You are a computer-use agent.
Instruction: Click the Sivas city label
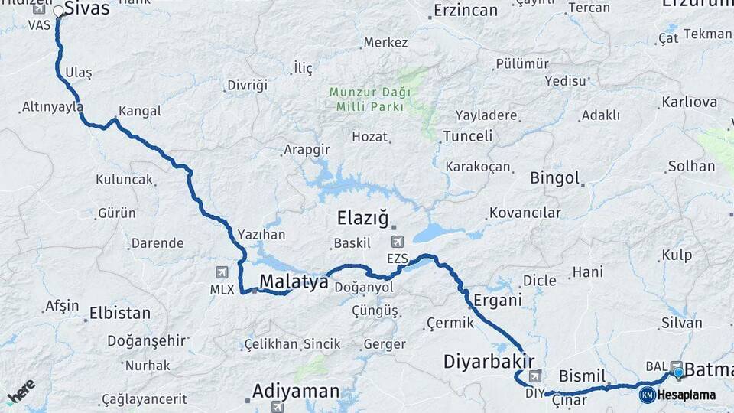(x=86, y=9)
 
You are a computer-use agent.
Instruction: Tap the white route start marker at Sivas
(x=58, y=11)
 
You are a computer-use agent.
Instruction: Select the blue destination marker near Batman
(x=678, y=372)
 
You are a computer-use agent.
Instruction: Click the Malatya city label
(x=294, y=281)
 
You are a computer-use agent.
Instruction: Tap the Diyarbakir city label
(x=488, y=360)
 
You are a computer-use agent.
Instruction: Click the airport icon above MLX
(x=221, y=272)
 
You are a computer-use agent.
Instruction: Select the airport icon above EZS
(x=397, y=242)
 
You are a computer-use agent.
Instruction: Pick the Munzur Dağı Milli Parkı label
(x=370, y=99)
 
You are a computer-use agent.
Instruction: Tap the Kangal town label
(x=140, y=111)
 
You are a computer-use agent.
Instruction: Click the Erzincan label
(x=465, y=11)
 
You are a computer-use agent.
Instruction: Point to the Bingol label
(x=555, y=178)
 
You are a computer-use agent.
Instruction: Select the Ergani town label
(x=497, y=301)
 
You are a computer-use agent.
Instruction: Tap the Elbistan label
(x=120, y=314)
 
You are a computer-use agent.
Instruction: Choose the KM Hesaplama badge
(x=677, y=395)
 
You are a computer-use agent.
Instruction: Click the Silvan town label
(x=681, y=323)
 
